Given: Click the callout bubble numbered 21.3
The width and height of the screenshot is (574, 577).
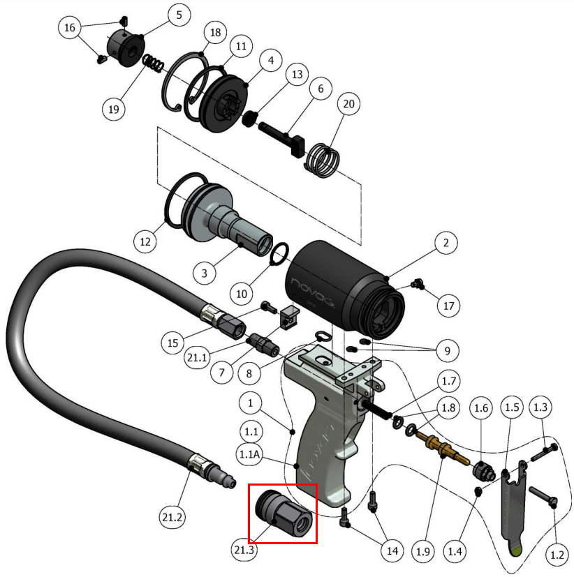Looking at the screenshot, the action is [x=244, y=549].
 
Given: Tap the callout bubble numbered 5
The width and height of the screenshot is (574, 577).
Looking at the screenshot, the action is [x=179, y=15].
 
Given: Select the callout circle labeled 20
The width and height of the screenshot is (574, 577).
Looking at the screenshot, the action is [x=348, y=104].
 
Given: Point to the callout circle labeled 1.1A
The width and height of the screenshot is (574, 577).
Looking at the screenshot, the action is [x=249, y=454].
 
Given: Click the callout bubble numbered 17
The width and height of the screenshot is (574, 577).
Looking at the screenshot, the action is [x=448, y=306].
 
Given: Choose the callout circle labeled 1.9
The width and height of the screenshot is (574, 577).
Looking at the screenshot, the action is [x=422, y=551].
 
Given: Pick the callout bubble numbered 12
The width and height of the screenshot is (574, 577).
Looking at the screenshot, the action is [x=145, y=242].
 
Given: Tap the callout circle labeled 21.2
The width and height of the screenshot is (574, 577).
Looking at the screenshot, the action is [x=172, y=518].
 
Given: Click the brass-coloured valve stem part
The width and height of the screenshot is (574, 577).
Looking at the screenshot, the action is [x=443, y=449].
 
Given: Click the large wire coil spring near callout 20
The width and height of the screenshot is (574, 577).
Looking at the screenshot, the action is [x=323, y=160].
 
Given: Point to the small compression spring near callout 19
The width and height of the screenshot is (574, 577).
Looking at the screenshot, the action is [x=153, y=63].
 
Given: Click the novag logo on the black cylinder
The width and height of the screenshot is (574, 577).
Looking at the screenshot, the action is [x=313, y=293].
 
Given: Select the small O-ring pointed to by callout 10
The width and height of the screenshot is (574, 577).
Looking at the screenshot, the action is [x=279, y=254].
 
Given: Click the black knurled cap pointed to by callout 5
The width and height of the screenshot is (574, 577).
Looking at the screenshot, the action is [x=126, y=49].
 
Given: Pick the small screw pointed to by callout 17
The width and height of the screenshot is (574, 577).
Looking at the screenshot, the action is [x=418, y=284].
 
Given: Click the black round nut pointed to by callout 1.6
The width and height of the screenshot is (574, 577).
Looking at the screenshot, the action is [x=483, y=471].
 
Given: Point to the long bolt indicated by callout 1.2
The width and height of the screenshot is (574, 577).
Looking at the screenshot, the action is [x=543, y=496].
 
